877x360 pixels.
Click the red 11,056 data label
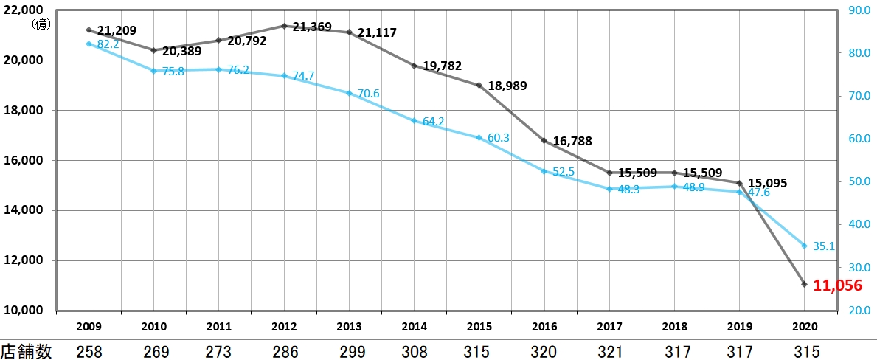[x=837, y=285]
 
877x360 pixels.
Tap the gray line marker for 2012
[x=284, y=26]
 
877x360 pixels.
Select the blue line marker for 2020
[x=805, y=246]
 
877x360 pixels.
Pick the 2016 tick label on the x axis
[x=544, y=325]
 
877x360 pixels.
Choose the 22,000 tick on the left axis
[x=25, y=10]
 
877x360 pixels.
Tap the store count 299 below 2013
[x=349, y=352]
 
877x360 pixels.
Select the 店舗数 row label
[x=27, y=352]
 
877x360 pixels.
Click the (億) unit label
[x=40, y=24]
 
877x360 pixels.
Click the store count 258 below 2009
[x=89, y=352]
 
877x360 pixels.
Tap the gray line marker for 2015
[x=479, y=86]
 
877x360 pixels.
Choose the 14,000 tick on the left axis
[x=25, y=210]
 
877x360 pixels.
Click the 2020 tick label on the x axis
[x=805, y=325]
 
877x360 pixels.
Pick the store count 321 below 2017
[x=609, y=352]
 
